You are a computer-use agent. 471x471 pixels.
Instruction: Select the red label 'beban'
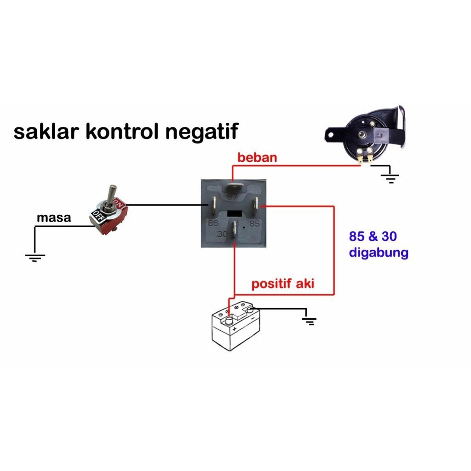(x=257, y=158)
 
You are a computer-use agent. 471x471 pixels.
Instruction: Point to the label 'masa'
(x=54, y=218)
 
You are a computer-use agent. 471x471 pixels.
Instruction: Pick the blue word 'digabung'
(x=379, y=253)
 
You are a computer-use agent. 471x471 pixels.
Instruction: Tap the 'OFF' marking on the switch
(x=98, y=214)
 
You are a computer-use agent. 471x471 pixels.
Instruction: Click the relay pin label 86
(x=213, y=224)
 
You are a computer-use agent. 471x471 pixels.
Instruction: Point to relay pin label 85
(x=254, y=224)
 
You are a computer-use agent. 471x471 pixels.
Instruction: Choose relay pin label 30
(x=223, y=234)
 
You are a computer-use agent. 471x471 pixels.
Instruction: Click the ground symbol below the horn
(x=391, y=178)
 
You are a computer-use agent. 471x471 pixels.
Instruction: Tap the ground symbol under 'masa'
(x=35, y=257)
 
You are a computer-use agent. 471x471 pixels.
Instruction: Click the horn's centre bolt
(x=363, y=135)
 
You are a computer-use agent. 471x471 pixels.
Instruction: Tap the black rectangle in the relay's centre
(x=235, y=214)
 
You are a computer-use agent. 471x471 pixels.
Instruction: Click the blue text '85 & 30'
(x=373, y=237)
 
